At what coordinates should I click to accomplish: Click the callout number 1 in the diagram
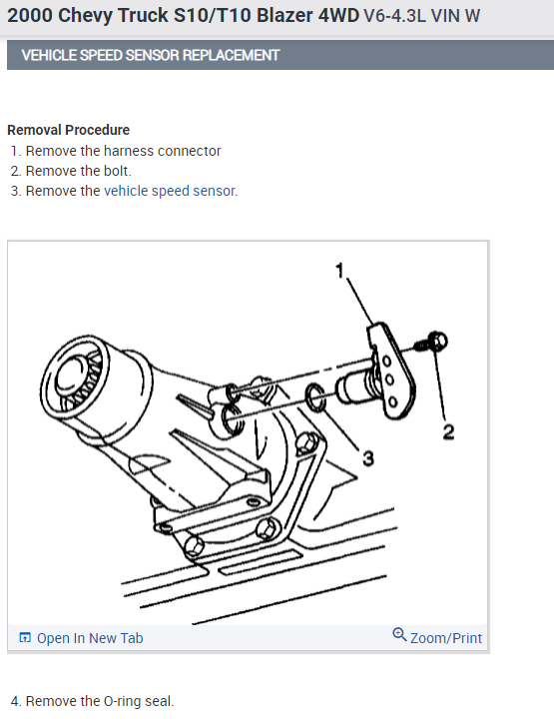pos(339,270)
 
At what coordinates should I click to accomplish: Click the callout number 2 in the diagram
pos(448,431)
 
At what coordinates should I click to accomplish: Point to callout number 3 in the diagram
pos(367,457)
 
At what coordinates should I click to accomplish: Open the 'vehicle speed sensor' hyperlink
pos(170,191)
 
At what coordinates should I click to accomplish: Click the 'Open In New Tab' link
pos(89,638)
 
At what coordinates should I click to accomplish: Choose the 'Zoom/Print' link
pos(445,637)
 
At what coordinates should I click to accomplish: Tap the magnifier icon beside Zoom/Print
pos(400,635)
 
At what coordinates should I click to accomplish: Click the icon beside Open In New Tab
pos(26,638)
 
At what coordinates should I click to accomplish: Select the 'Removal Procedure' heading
pos(68,130)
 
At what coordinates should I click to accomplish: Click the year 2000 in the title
pos(30,16)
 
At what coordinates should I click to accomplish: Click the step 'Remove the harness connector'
pos(123,151)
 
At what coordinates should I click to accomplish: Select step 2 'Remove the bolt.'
pos(78,171)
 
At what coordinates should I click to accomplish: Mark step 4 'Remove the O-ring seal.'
pos(99,701)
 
